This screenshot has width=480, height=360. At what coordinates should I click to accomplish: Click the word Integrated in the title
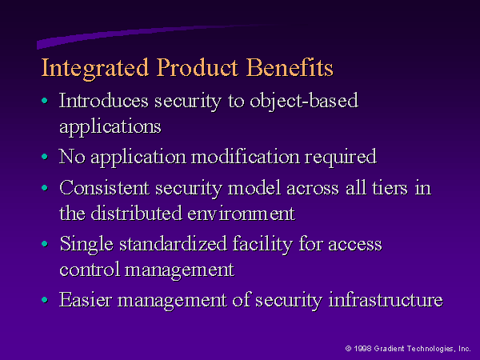tap(95, 69)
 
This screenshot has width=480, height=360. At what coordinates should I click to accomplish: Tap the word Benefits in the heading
tap(290, 67)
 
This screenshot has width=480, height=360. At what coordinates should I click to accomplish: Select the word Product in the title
tap(198, 67)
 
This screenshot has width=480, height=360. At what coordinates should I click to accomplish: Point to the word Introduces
tap(104, 101)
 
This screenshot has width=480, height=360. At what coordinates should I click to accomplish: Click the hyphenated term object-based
tap(304, 101)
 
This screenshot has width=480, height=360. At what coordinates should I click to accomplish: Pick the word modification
tap(246, 157)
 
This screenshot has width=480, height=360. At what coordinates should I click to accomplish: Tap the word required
tap(341, 158)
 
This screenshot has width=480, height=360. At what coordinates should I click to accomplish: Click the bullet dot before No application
tap(45, 157)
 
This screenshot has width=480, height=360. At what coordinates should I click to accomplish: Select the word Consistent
tap(104, 188)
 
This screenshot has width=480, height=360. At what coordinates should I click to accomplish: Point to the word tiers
tap(390, 188)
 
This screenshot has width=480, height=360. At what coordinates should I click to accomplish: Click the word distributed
tap(137, 213)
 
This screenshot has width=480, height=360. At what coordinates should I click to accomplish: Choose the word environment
tap(242, 214)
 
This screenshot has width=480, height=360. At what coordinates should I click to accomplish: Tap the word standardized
tap(173, 244)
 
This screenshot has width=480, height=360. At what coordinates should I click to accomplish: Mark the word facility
tap(262, 245)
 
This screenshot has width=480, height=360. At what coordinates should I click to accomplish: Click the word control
tap(90, 270)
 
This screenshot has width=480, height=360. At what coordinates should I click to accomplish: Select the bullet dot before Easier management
tap(45, 300)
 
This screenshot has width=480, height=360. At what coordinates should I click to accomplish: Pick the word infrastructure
tap(386, 300)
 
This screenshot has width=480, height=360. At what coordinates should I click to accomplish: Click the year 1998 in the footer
tap(362, 348)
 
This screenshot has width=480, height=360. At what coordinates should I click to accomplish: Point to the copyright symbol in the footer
tap(348, 348)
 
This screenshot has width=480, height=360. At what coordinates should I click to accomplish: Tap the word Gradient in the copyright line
tap(389, 348)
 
